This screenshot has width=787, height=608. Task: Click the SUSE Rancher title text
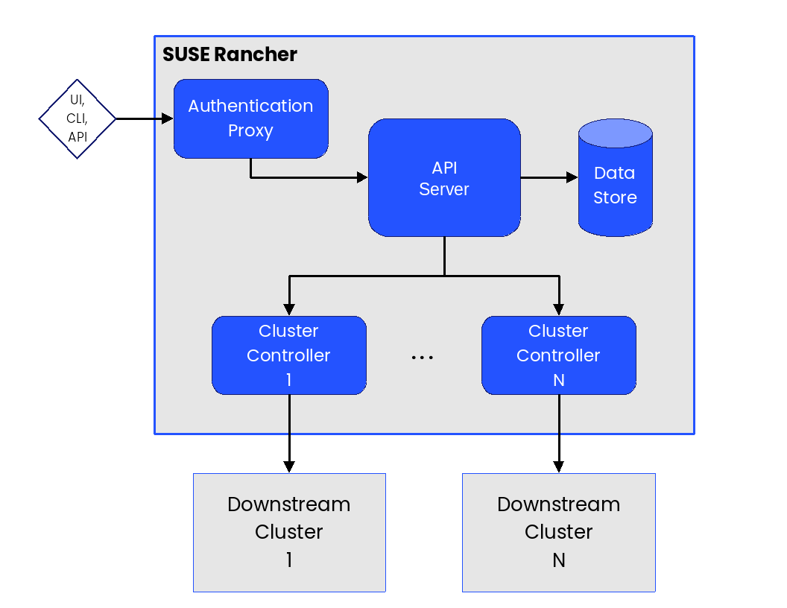point(230,54)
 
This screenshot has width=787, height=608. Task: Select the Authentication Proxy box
point(250,118)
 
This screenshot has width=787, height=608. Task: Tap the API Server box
point(444,178)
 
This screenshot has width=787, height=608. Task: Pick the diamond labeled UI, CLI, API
point(78,118)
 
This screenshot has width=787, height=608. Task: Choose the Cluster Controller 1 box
point(289,355)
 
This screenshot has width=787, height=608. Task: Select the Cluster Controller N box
point(559,355)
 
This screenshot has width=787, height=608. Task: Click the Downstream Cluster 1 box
point(289,533)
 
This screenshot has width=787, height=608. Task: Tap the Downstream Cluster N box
point(559,533)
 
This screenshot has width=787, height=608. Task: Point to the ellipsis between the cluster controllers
point(423,358)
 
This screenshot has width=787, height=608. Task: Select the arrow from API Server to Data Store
point(549,178)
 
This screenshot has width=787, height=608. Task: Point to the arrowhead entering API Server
point(362,177)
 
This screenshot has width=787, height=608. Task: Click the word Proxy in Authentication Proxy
point(250,131)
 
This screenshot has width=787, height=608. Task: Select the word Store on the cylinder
point(615,198)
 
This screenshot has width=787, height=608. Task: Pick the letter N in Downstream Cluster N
point(559,560)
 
